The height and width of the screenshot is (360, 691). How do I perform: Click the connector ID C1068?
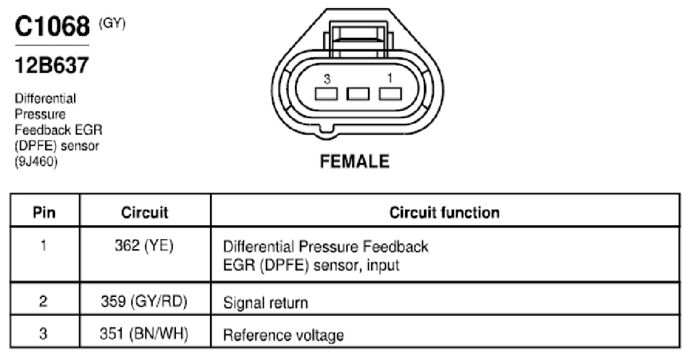click(x=52, y=26)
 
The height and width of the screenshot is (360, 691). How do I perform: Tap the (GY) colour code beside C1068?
click(x=112, y=23)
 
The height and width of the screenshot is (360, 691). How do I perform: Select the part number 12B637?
click(x=51, y=65)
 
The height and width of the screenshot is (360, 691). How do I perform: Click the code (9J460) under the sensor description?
click(x=36, y=162)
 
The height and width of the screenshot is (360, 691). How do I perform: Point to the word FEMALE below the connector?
click(x=355, y=162)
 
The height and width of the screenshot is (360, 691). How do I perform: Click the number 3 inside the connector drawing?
click(x=327, y=79)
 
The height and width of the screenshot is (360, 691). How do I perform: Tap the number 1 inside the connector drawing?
click(x=390, y=78)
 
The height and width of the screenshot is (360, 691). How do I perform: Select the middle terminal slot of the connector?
click(x=358, y=93)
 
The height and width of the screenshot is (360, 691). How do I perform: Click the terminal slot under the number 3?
click(x=326, y=93)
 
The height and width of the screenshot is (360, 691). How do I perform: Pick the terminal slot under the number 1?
click(x=390, y=93)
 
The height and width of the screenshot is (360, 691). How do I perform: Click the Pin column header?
click(x=44, y=212)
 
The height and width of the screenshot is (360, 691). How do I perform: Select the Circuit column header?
click(x=145, y=212)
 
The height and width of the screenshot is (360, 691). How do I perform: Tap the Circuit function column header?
click(x=445, y=212)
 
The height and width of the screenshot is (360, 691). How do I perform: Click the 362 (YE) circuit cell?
click(x=144, y=246)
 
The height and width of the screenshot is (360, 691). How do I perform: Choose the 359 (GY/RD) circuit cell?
click(x=144, y=301)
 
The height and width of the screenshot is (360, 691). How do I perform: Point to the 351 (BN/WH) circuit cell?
click(x=144, y=334)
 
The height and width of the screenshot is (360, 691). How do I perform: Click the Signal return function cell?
click(x=265, y=303)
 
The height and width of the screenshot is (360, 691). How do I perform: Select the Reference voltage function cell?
click(x=283, y=335)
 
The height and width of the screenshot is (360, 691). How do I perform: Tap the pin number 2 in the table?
click(x=43, y=301)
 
